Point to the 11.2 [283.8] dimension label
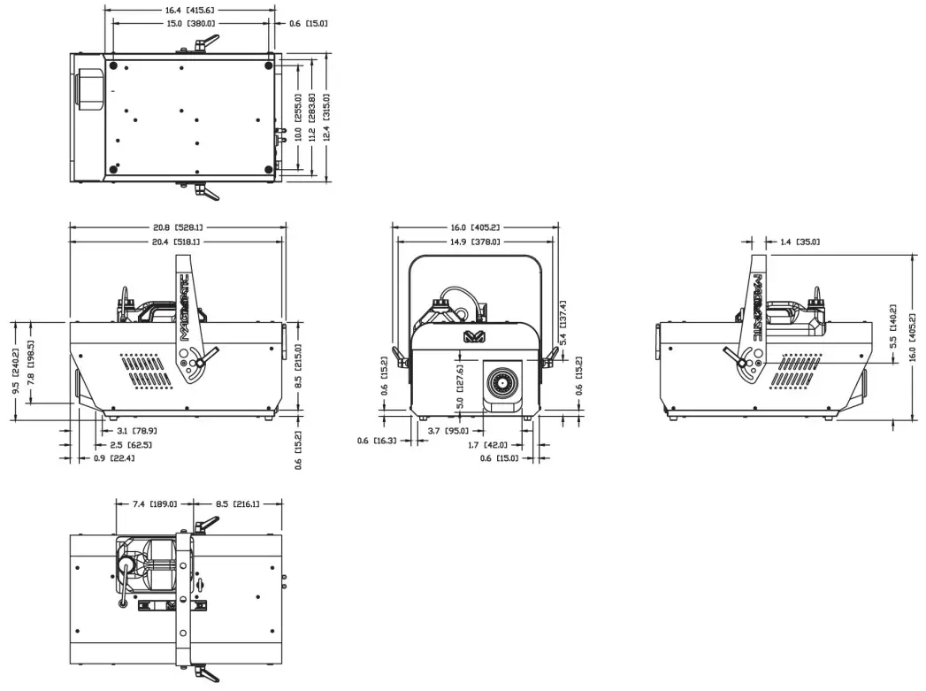pos(311,117)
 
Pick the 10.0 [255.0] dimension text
pos(298,117)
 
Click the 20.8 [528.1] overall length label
pos(176,226)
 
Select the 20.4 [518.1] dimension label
pos(176,241)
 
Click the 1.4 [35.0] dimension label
pos(800,241)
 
